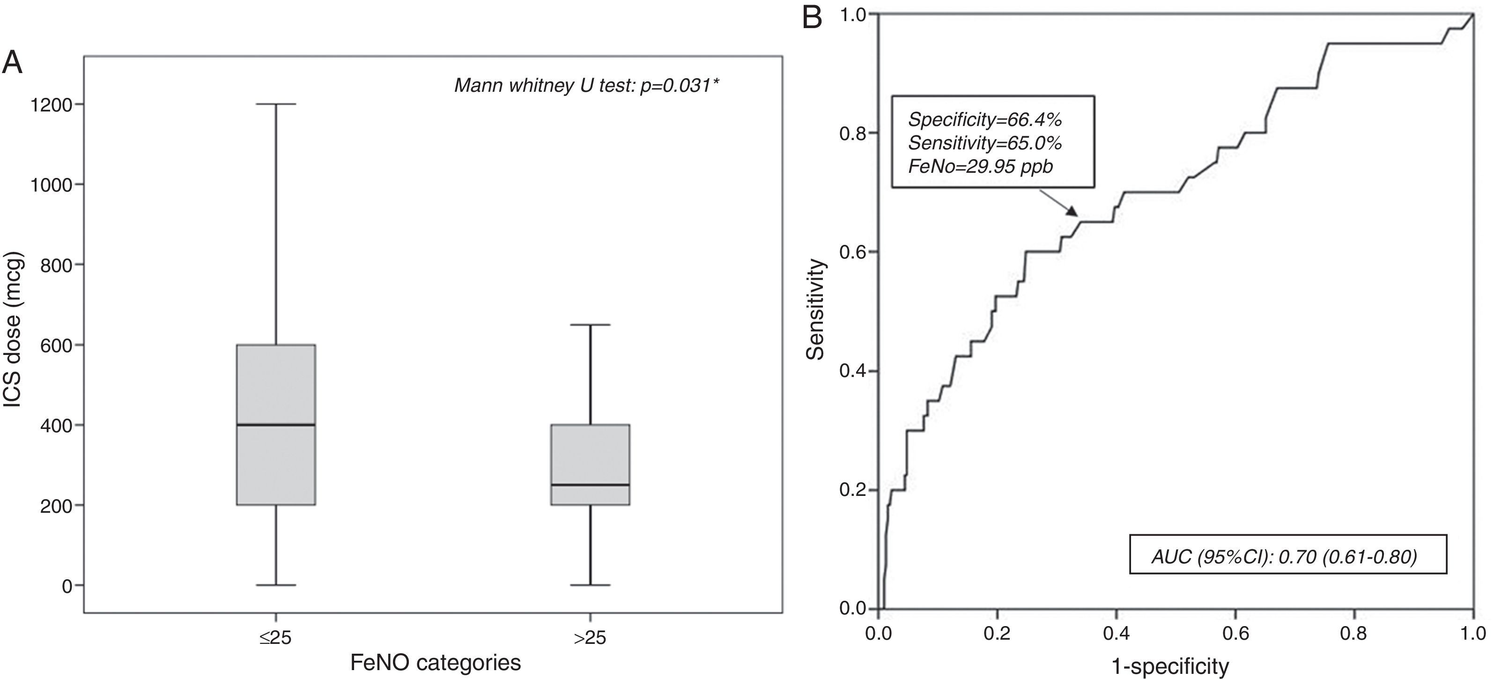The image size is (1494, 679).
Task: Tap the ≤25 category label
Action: click(275, 638)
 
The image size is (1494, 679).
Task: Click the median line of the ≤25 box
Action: click(276, 425)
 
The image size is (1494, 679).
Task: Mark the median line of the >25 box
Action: click(591, 485)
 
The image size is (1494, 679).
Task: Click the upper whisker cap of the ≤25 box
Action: click(276, 104)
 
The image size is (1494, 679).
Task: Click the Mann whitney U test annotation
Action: click(586, 86)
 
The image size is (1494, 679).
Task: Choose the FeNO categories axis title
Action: click(435, 662)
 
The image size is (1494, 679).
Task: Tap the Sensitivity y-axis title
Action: click(815, 309)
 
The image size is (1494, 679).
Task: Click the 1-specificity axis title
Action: click(1170, 666)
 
